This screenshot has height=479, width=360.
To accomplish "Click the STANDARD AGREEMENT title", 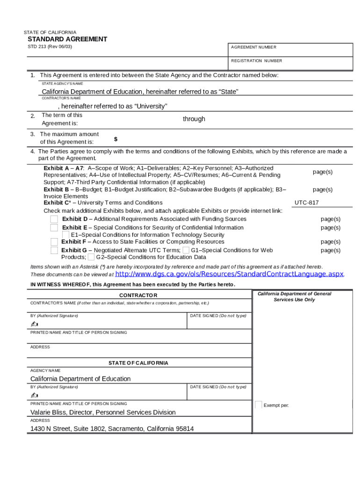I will [x=67, y=39].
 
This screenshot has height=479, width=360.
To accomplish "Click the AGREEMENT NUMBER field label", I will [x=253, y=47].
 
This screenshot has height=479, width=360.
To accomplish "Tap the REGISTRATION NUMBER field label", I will [x=256, y=61].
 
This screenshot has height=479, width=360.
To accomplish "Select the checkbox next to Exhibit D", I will [x=54, y=219].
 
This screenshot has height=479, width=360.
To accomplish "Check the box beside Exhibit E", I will [x=54, y=228].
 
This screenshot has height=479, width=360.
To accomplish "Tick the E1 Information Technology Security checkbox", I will [x=66, y=235].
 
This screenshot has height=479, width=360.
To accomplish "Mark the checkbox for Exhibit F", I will [x=54, y=242].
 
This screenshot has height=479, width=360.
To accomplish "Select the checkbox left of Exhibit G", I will [x=54, y=250].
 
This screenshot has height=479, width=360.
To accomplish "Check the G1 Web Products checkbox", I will [x=186, y=250].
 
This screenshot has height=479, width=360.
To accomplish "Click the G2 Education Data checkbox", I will [x=91, y=257].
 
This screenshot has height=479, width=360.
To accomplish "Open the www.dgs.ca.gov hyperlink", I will [x=229, y=274].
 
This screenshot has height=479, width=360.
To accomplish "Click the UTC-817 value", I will [x=307, y=203].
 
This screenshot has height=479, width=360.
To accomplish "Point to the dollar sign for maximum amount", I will [x=115, y=139].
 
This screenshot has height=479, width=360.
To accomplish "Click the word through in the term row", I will [x=194, y=119].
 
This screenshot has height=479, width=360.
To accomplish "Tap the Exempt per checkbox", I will [x=259, y=405].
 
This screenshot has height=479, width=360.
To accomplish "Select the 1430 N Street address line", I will [x=112, y=428].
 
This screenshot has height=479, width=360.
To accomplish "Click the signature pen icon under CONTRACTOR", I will [x=34, y=324].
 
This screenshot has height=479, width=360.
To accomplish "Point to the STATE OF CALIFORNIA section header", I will [x=138, y=363].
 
